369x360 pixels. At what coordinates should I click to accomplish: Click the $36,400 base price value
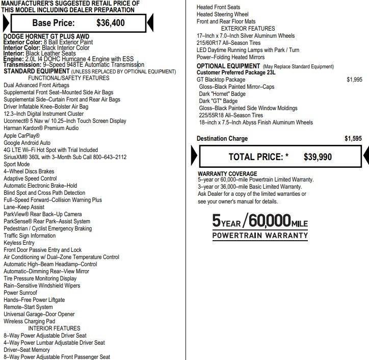point(110,22)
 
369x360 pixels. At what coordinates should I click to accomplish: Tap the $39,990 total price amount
point(318,157)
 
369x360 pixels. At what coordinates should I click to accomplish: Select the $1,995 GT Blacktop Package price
point(354,80)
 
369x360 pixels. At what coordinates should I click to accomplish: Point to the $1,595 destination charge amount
point(353,139)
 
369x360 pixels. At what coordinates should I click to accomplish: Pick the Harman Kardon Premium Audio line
point(41,128)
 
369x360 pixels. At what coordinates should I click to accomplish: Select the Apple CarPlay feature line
point(21,136)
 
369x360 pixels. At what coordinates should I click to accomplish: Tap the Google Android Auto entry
point(27,143)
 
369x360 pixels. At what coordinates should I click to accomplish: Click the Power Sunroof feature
point(20,293)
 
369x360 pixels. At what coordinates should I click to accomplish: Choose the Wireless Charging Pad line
point(29,321)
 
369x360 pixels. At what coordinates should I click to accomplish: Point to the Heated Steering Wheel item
point(223,15)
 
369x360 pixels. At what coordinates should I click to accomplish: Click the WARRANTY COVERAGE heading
point(227,173)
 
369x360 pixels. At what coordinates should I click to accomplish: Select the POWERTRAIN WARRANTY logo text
point(260,236)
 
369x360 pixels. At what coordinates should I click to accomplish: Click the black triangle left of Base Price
point(6,22)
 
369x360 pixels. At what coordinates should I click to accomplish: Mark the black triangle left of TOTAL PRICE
point(194,156)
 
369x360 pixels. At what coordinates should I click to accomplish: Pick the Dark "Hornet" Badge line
point(222,94)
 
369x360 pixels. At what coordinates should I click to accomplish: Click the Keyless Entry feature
point(19,243)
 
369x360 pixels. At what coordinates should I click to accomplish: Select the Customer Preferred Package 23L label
point(236,72)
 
